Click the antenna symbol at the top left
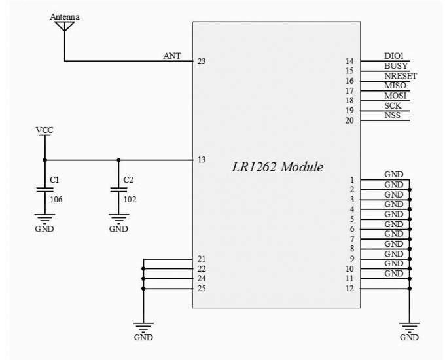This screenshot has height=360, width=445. tap(64, 27)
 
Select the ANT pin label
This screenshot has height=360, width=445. tap(172, 56)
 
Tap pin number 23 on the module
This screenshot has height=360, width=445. tap(202, 62)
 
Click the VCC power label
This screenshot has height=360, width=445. tap(44, 130)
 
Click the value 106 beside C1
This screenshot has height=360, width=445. tap(56, 199)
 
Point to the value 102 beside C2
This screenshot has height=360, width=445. tap(130, 199)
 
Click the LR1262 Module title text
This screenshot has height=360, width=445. tap(277, 167)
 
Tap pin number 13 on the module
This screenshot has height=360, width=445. tap(202, 160)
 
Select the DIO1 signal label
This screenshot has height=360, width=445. tap(395, 56)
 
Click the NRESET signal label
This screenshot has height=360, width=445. tap(400, 76)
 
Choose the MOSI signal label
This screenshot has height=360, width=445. tap(395, 96)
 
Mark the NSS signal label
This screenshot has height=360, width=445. tap(393, 115)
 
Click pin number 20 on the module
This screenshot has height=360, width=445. tap(350, 120)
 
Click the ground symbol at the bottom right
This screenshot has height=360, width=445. tap(409, 327)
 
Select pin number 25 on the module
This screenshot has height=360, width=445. tap(202, 288)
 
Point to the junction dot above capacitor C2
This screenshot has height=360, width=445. tap(118, 160)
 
